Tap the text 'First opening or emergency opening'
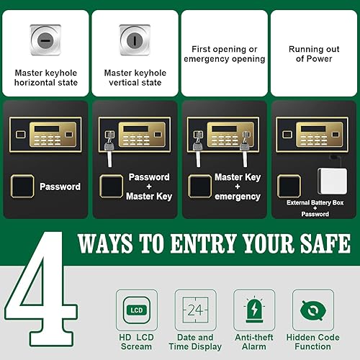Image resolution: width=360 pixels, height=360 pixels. point(224,54)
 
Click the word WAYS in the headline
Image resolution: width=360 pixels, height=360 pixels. point(107,243)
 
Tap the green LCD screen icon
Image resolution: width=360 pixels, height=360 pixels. point(136,310)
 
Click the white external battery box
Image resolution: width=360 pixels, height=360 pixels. point(333,184)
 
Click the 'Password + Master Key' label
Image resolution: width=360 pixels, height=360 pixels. point(148,186)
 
